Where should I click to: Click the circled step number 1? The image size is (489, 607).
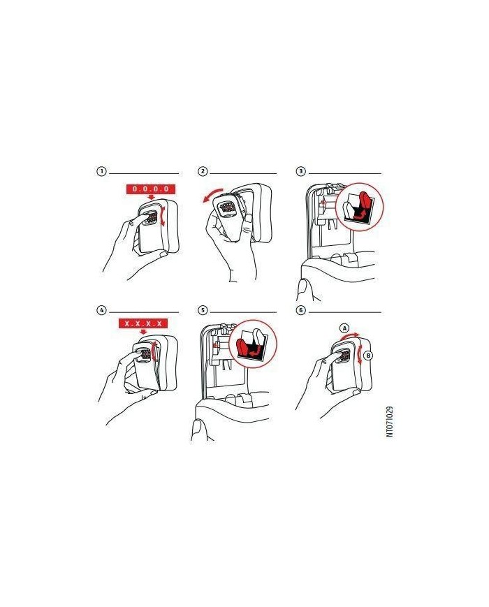101,171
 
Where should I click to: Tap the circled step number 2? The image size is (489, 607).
203,171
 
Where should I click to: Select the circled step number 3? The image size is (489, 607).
301,171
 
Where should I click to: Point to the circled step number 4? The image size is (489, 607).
101,310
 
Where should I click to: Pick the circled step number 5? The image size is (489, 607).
203,310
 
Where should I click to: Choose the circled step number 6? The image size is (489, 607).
301,310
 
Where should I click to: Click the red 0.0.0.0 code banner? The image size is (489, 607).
151,189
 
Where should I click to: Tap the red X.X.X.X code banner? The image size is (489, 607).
143,323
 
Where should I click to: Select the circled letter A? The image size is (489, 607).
344,328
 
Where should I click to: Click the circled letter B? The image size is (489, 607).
368,355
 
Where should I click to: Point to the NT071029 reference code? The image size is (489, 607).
389,422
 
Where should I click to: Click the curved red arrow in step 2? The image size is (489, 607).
212,193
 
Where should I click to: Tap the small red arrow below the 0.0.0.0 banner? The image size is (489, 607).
146,198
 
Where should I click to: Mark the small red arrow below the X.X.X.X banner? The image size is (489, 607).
144,332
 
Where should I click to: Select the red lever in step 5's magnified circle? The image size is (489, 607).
245,347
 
